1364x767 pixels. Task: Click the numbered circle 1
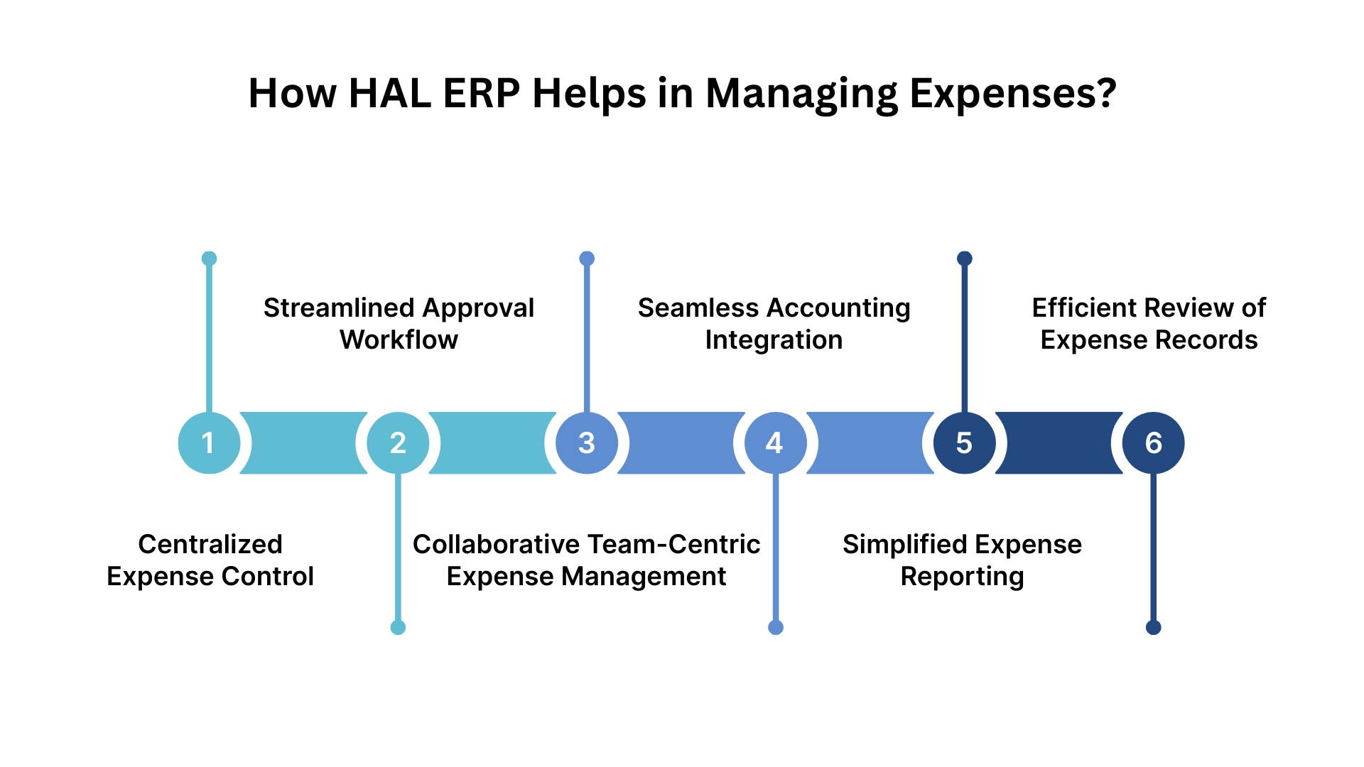tap(209, 443)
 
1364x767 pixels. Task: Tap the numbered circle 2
tap(398, 443)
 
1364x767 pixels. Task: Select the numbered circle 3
tap(587, 443)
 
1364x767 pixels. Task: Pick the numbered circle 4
tap(775, 443)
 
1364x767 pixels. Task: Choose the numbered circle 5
tap(964, 443)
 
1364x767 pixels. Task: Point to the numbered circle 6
tap(1153, 443)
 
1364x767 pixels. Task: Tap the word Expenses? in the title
tap(1013, 93)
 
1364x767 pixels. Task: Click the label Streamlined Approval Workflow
tap(399, 324)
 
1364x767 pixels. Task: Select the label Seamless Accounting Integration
tap(774, 324)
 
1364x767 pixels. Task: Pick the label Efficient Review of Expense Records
tap(1149, 324)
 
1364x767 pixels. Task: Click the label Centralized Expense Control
tap(210, 560)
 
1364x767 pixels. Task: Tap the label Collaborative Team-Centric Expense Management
tap(586, 560)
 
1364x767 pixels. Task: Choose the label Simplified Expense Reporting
tap(962, 560)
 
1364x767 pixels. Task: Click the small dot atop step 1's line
tap(209, 259)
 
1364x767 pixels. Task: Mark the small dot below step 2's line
tap(398, 627)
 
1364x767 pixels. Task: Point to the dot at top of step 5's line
tap(964, 259)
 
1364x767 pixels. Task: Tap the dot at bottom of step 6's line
tap(1153, 627)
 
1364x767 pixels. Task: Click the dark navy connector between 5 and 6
tap(1059, 443)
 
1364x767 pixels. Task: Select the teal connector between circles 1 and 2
tap(303, 443)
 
